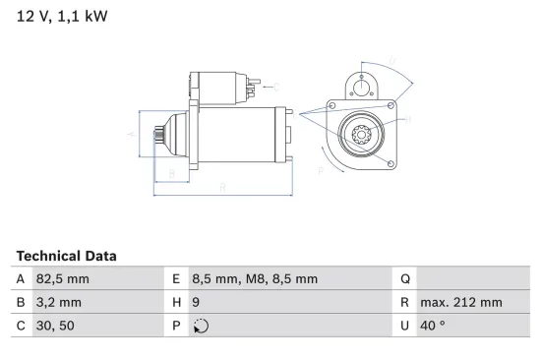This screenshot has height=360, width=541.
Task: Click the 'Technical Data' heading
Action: [66, 256]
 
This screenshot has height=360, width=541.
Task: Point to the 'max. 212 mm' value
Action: [460, 302]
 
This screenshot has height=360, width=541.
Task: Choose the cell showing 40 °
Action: [433, 326]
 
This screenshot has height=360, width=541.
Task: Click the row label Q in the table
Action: [405, 278]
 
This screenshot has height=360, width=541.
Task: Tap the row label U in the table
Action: [405, 326]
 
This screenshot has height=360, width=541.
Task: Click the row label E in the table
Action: [176, 278]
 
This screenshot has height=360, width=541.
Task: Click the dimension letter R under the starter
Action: [223, 186]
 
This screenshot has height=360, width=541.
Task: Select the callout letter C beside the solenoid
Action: [275, 87]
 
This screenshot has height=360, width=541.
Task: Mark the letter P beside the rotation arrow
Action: [321, 170]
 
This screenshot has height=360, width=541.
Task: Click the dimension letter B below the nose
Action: [172, 174]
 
